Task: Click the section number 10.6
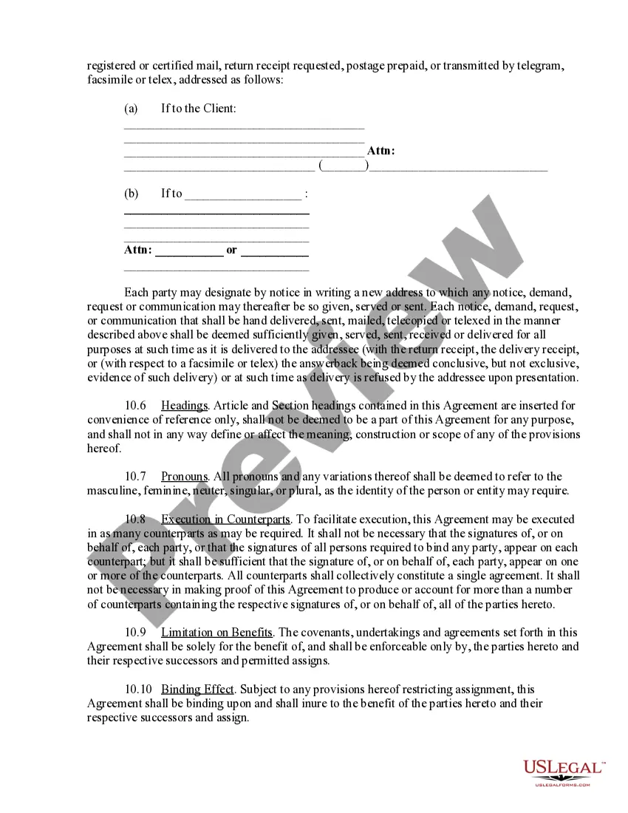click(x=135, y=406)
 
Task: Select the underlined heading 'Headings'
click(x=184, y=406)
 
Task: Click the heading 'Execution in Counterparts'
click(x=225, y=520)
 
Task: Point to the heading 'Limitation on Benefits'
click(x=216, y=633)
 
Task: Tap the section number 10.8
click(x=135, y=520)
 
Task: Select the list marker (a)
click(x=131, y=109)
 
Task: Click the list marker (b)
click(x=131, y=194)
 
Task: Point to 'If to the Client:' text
click(x=199, y=109)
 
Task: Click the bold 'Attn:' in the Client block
click(x=381, y=151)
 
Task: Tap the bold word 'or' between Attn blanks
click(x=232, y=250)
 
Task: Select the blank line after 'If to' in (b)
click(x=243, y=195)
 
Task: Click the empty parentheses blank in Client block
click(x=344, y=166)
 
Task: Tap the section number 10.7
click(x=135, y=477)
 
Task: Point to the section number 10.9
click(x=135, y=633)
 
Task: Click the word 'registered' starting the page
click(x=112, y=66)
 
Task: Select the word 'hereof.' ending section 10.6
click(x=104, y=449)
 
